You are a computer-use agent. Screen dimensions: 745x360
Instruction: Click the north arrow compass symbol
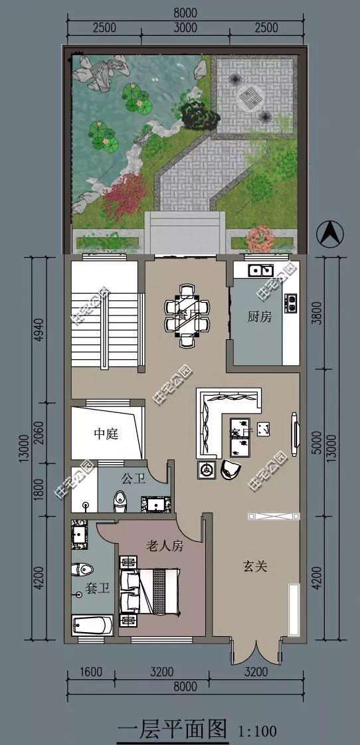tap(330, 234)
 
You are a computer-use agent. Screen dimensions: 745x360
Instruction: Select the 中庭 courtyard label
tap(106, 434)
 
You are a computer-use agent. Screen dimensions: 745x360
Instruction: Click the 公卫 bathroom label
tap(133, 477)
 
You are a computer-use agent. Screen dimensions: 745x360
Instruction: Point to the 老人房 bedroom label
tap(165, 546)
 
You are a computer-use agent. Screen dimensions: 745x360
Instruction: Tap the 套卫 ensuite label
tap(97, 588)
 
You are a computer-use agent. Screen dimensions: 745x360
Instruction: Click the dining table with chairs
tap(187, 315)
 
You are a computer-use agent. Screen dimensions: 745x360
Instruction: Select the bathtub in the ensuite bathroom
tap(92, 625)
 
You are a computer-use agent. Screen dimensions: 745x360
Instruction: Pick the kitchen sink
tap(260, 270)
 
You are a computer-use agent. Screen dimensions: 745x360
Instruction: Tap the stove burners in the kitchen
tap(290, 303)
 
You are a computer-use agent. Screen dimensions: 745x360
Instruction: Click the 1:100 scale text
tap(257, 731)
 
